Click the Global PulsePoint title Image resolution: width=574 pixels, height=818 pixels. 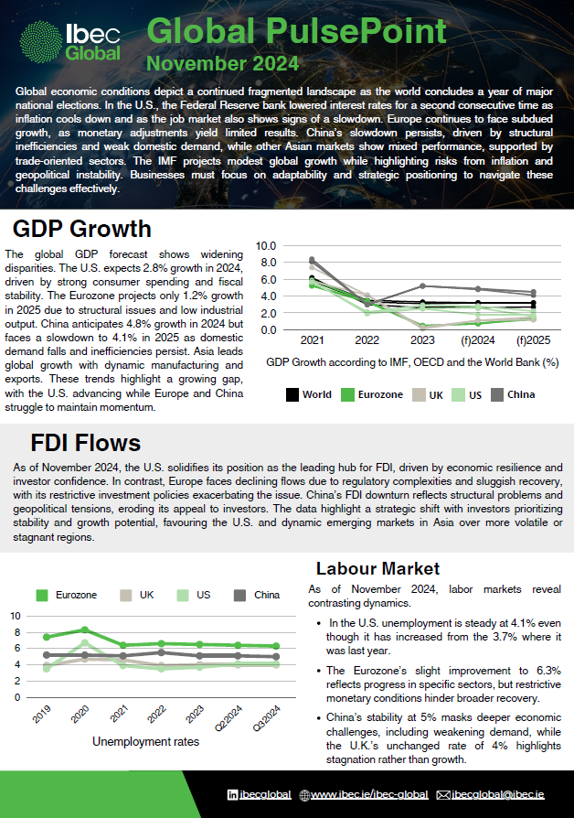tap(297, 32)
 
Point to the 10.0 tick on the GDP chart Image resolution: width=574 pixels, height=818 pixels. tap(264, 245)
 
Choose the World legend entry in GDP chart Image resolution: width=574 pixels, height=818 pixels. tap(308, 395)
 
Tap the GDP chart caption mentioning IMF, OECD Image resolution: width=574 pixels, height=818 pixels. tap(412, 362)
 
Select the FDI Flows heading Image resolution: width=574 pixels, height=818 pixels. tap(86, 444)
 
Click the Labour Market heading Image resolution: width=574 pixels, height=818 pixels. tap(377, 568)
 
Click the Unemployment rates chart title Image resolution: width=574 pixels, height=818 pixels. tap(145, 741)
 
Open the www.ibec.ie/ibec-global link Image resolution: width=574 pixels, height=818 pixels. tap(359, 794)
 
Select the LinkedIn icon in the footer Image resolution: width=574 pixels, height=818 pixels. tap(233, 794)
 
